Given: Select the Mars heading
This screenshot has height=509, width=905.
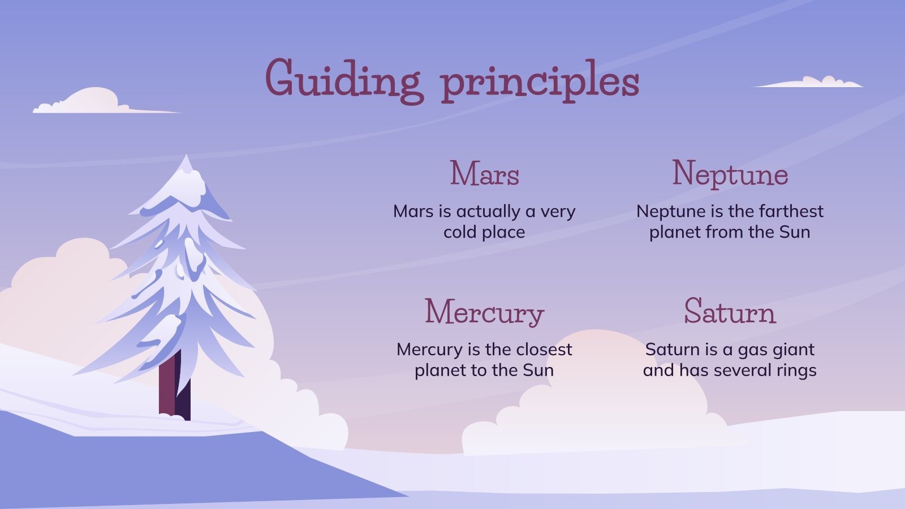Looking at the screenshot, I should [x=484, y=174].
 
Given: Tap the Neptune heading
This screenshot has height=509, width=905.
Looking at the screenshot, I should [x=730, y=174].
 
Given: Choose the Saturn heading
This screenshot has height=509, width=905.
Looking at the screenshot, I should [x=730, y=312].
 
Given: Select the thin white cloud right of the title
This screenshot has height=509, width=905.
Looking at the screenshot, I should [x=815, y=83].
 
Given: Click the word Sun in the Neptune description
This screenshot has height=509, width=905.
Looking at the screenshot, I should [x=795, y=232].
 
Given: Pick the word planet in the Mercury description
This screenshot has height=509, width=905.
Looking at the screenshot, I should [x=437, y=370].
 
